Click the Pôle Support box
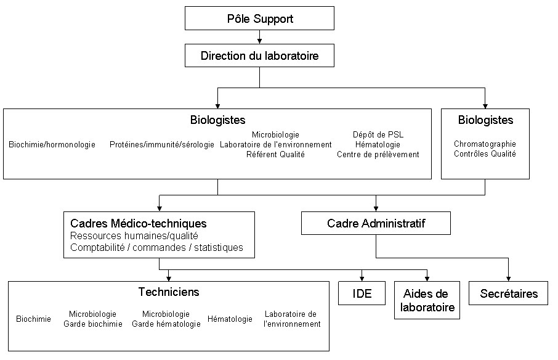coord(259,18)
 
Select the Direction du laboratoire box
coord(259,56)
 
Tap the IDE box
coord(362,293)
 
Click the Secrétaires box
coord(508,293)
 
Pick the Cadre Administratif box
coord(376,223)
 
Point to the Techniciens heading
coord(168,292)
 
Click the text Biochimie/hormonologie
coord(52,145)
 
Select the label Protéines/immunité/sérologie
coord(162,145)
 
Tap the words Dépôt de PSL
coord(378,134)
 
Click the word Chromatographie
coord(485,144)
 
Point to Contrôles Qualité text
coord(485,154)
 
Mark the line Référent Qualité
coord(275,155)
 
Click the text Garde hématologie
coord(166,324)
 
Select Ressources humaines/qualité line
coord(134,236)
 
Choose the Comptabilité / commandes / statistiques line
coord(156,248)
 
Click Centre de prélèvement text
coord(378,155)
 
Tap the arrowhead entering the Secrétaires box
coord(508,279)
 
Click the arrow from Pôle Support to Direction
coord(259,39)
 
